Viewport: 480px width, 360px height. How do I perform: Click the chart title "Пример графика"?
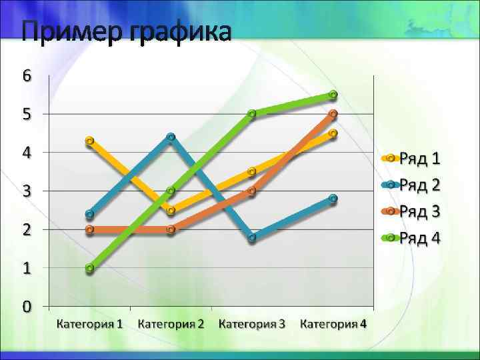tap(127, 31)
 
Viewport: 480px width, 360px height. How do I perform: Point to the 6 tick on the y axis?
tap(27, 75)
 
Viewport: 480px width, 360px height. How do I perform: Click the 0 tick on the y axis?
tap(27, 307)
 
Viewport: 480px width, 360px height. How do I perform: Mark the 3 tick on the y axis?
tap(27, 191)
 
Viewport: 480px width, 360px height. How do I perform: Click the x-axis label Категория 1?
tap(89, 325)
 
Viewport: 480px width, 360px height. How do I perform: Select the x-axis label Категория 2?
tap(171, 325)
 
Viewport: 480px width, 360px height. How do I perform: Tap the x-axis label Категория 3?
tap(252, 325)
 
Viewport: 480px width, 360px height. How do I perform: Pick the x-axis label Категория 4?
tap(333, 325)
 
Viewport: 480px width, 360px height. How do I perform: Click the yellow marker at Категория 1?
tap(90, 141)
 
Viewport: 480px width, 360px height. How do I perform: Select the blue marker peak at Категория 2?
tap(171, 137)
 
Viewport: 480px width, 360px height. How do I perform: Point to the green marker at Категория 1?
tap(90, 268)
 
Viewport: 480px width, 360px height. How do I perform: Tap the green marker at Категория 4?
tap(333, 95)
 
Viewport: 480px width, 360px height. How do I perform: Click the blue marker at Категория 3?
tap(252, 237)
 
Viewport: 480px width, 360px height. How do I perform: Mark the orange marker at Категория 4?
tap(333, 114)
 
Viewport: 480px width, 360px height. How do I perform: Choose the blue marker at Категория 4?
tap(333, 199)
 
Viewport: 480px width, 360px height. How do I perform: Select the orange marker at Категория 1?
tap(90, 230)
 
